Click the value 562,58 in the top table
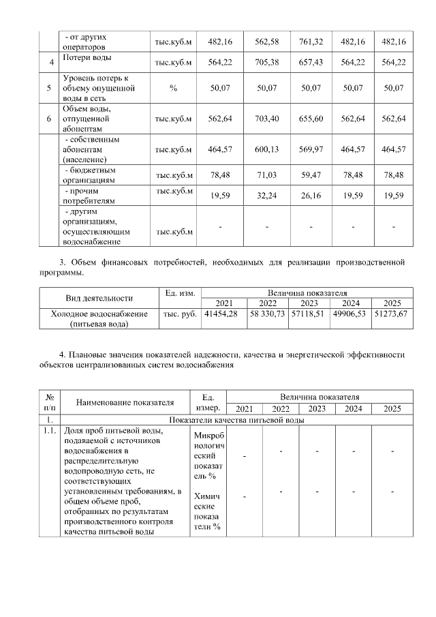(x=267, y=42)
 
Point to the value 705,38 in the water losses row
(x=267, y=63)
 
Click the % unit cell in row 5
(x=174, y=89)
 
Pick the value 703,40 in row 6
(x=267, y=119)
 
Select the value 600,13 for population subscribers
(x=267, y=149)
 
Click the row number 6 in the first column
(x=49, y=119)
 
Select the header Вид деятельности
(x=99, y=298)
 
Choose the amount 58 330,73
(x=268, y=314)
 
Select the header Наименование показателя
(x=125, y=403)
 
